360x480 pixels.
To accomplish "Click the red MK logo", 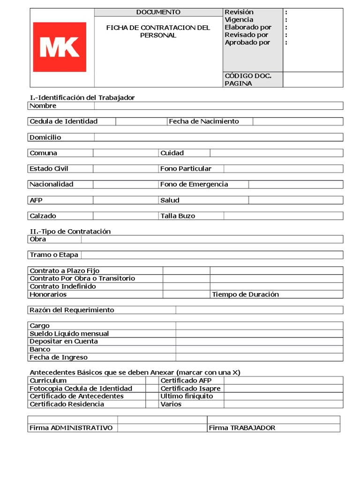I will pyautogui.click(x=60, y=47).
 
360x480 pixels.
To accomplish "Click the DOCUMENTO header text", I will pyautogui.click(x=158, y=12).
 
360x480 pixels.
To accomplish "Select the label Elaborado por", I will pyautogui.click(x=248, y=27).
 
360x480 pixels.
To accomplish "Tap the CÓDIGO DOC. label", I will pyautogui.click(x=248, y=75).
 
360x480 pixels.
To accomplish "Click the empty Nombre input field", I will pyautogui.click(x=218, y=106).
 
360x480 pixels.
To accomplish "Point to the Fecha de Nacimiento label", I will pyautogui.click(x=204, y=121).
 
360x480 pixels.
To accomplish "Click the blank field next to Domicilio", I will pyautogui.click(x=218, y=137).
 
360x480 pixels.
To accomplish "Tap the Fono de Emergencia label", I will pyautogui.click(x=194, y=184).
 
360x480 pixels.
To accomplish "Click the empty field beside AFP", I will pyautogui.click(x=126, y=200).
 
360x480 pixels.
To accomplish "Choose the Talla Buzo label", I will pyautogui.click(x=178, y=216).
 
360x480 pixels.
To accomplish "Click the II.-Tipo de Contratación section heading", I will pyautogui.click(x=70, y=232).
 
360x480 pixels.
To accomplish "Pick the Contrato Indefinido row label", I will pyautogui.click(x=62, y=286).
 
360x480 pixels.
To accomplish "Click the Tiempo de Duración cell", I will pyautogui.click(x=245, y=294).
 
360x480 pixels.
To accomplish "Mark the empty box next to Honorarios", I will pyautogui.click(x=186, y=294).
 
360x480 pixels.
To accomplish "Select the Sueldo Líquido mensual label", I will pyautogui.click(x=69, y=334).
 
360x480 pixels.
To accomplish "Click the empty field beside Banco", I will pyautogui.click(x=259, y=349).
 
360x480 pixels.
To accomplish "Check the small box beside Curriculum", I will pyautogui.click(x=151, y=381).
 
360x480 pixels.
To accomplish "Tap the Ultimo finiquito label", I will pyautogui.click(x=187, y=396).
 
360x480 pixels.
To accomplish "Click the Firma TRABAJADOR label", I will pyautogui.click(x=242, y=428).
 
